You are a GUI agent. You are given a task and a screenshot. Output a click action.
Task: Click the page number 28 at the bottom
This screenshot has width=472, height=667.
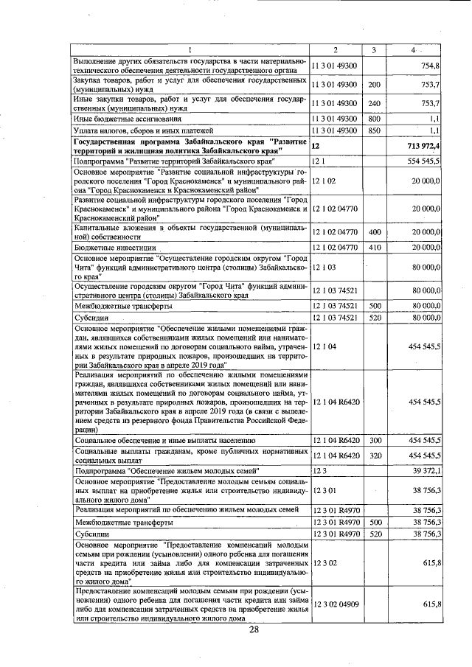click(x=254, y=629)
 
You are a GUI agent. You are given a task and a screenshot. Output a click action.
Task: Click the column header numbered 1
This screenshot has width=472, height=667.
click(x=190, y=50)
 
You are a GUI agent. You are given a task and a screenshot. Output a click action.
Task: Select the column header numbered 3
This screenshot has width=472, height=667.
click(x=374, y=50)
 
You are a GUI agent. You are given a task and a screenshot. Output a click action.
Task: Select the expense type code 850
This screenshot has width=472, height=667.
click(x=374, y=130)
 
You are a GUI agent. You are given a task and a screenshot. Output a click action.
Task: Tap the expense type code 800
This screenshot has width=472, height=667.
click(x=374, y=118)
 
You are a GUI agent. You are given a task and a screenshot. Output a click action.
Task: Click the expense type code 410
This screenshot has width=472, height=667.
click(x=374, y=247)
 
